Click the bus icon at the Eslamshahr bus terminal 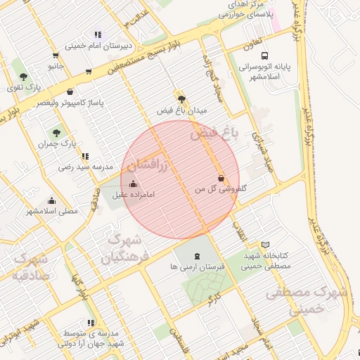pos(264,56)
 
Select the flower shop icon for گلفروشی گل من pos(221,179)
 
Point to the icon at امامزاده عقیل pos(134,184)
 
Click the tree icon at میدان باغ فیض pos(182,99)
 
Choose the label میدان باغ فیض pos(182,111)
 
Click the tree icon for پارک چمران pos(56,131)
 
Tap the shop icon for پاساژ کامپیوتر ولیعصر pos(70,91)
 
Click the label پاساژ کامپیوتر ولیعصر pos(70,103)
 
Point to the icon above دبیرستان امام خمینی pos(98,34)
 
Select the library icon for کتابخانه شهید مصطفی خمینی pos(264,245)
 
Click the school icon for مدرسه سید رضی pos(85,156)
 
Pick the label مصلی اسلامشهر pos(52,211)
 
